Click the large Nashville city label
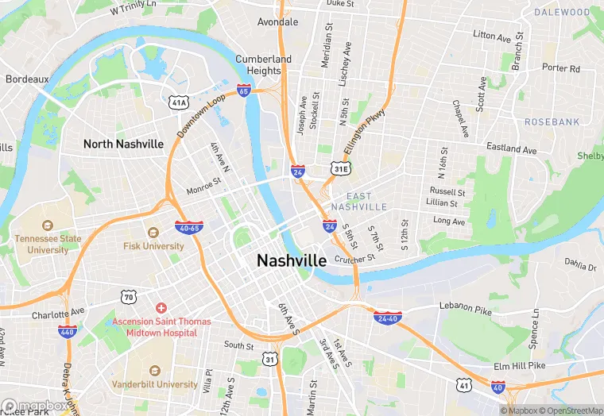(292, 261)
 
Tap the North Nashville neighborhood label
(124, 144)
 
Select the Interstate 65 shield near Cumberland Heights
(244, 91)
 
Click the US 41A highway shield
(178, 102)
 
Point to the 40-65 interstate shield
(189, 228)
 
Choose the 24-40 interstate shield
(387, 317)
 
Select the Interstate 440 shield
(67, 330)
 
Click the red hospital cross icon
(161, 307)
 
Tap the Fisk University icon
(153, 232)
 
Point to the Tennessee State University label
(48, 244)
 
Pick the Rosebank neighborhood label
(552, 121)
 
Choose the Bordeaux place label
(27, 79)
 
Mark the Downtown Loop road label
(202, 114)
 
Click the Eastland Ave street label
(512, 148)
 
